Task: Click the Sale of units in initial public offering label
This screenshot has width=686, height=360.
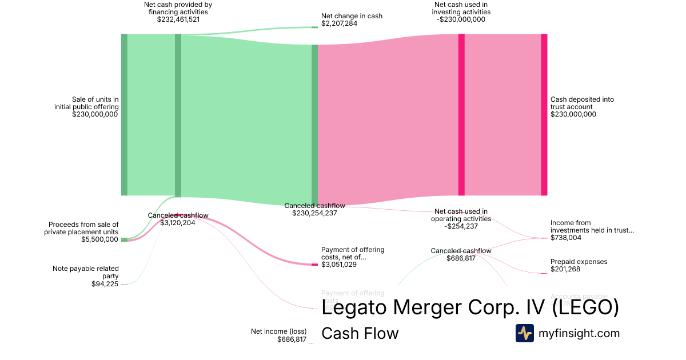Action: pos(86,103)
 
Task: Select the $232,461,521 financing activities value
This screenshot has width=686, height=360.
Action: pos(178,19)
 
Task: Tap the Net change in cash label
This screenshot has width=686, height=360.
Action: pos(352,16)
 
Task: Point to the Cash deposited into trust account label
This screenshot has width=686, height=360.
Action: pos(582,103)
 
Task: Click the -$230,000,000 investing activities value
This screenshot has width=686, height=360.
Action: pos(461,19)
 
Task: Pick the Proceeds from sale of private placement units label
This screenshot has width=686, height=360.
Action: pos(83,228)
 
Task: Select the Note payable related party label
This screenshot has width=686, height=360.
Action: pos(86,272)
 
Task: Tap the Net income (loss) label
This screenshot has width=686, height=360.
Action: pos(279,331)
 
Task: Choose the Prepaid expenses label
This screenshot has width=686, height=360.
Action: pos(579,262)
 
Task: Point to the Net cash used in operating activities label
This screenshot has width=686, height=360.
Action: pos(461,215)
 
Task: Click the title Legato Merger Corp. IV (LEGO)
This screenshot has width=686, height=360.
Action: pos(470,308)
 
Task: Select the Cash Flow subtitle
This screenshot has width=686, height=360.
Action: pos(360,333)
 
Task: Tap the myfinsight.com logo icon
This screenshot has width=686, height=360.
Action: pos(524,333)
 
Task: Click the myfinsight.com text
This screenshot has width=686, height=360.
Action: pos(579,333)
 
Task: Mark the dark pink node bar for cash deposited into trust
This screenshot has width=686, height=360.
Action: pos(544,114)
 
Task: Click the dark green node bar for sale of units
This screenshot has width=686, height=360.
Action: pos(124,114)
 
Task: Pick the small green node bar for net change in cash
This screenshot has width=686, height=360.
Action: pos(314,27)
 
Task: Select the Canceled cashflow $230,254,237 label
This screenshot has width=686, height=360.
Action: pos(314,209)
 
